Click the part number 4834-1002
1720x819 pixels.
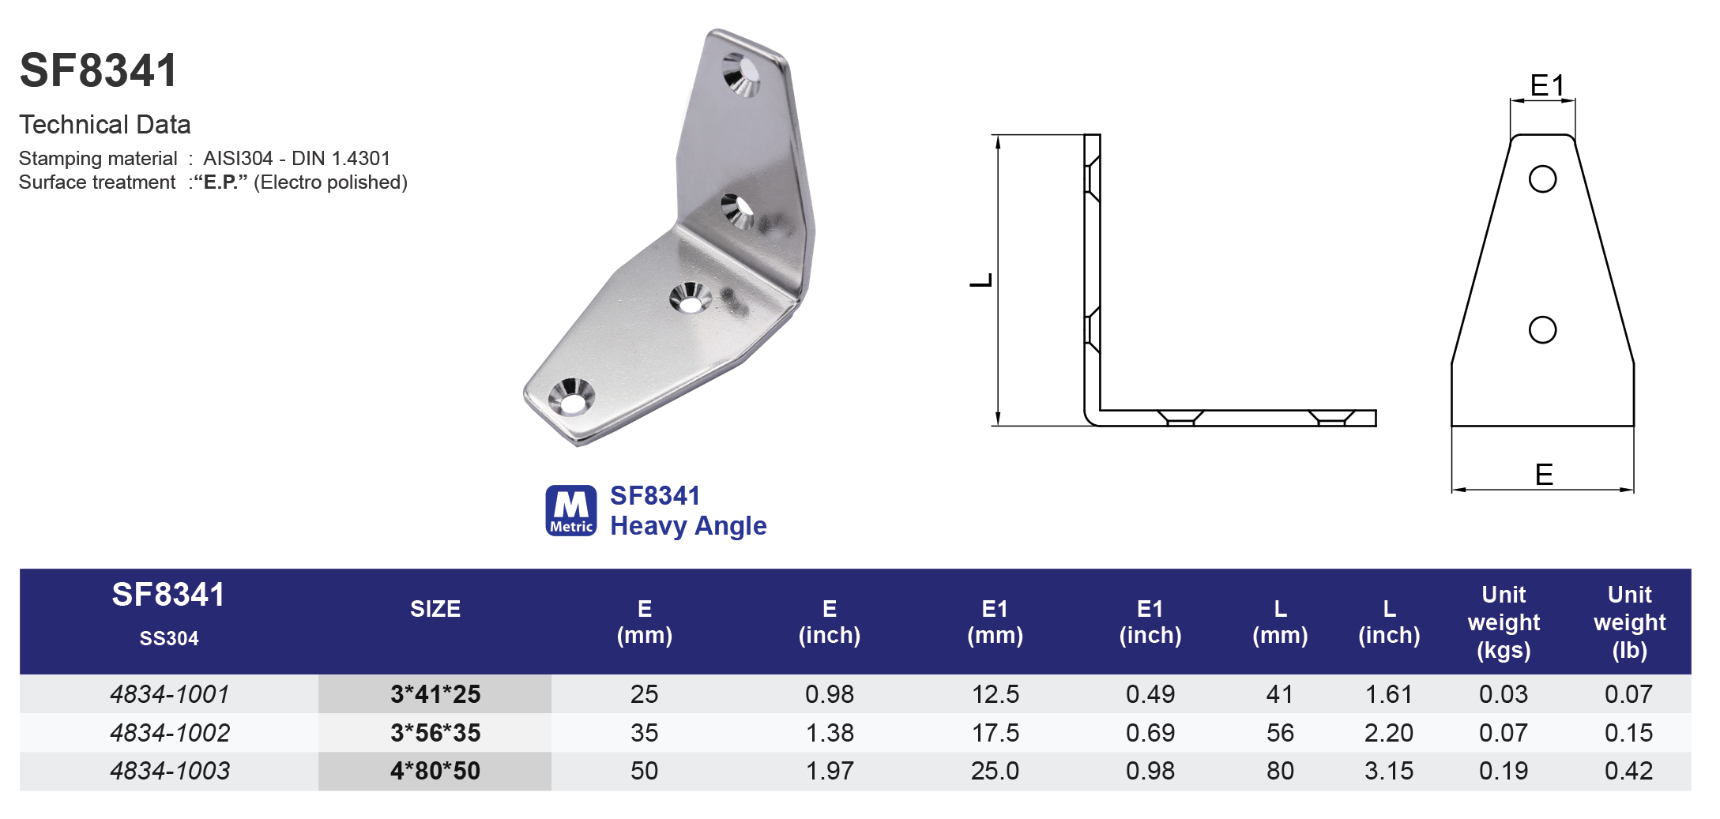click(x=170, y=733)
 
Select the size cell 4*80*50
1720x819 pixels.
click(x=435, y=771)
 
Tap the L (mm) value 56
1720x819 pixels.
click(x=1280, y=733)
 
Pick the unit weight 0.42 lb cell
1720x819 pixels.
click(x=1628, y=771)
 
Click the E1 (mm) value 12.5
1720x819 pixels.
click(x=995, y=694)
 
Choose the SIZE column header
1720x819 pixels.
click(x=435, y=609)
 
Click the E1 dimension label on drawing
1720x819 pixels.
click(x=1546, y=85)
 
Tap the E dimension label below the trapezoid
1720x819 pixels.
click(x=1544, y=475)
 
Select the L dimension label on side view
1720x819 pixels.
click(x=980, y=280)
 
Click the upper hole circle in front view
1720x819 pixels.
click(x=1542, y=178)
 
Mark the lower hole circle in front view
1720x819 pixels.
click(x=1542, y=329)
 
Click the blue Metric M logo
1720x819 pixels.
click(x=570, y=511)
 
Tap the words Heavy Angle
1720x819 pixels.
click(x=688, y=526)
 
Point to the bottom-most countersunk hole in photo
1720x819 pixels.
click(x=571, y=396)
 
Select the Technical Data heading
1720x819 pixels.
click(x=105, y=125)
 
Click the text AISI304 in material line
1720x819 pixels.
click(x=238, y=159)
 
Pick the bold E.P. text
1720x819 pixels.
click(x=220, y=182)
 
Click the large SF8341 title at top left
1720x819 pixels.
click(x=99, y=70)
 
